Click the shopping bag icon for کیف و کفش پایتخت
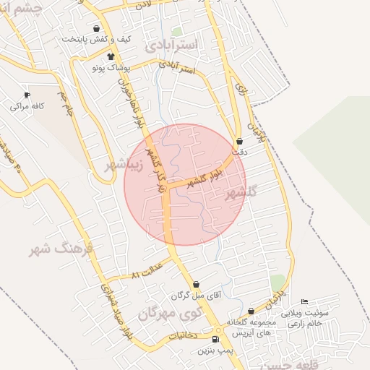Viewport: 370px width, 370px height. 96,30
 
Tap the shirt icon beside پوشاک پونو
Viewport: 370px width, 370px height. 111,56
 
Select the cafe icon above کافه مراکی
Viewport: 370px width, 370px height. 27,95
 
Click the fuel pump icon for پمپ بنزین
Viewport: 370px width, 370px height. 215,339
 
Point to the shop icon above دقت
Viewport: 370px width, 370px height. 240,142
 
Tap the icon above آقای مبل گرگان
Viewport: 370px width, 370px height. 196,285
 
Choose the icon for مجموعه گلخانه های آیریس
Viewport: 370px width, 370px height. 251,311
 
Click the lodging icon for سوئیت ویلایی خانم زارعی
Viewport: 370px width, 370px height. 304,302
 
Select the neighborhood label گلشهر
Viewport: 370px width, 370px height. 241,192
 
